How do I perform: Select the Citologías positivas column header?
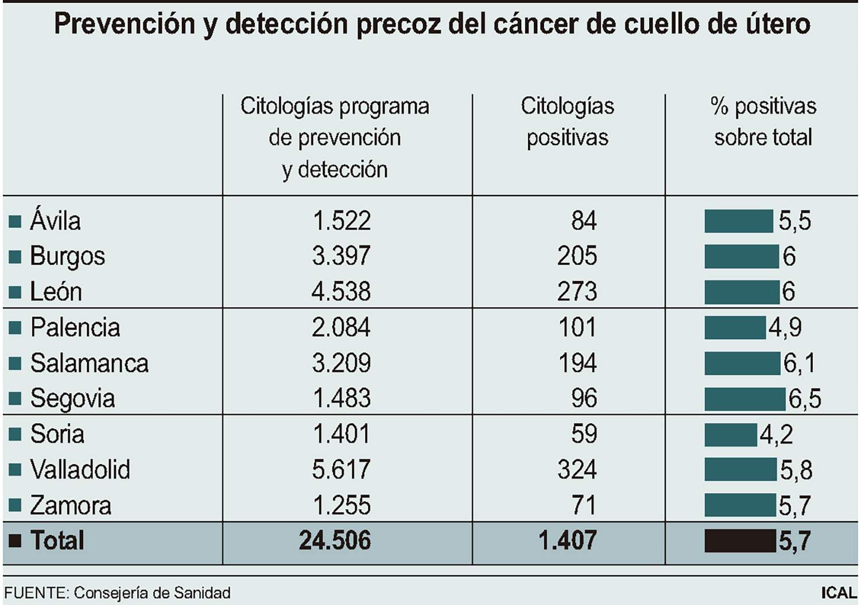pyautogui.click(x=567, y=122)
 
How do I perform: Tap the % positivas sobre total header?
pyautogui.click(x=763, y=122)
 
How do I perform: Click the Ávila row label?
pyautogui.click(x=55, y=221)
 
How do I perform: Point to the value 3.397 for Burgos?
pyautogui.click(x=341, y=256)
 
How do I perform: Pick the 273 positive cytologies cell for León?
pyautogui.click(x=577, y=291)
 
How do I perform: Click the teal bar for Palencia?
pyautogui.click(x=735, y=327)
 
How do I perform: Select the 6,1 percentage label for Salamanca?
pyautogui.click(x=799, y=363)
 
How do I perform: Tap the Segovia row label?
pyautogui.click(x=72, y=399)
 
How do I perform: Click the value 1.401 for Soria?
pyautogui.click(x=341, y=434)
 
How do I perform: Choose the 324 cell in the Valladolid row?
pyautogui.click(x=577, y=470)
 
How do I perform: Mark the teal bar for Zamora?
pyautogui.click(x=740, y=505)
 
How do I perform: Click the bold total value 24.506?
pyautogui.click(x=335, y=541)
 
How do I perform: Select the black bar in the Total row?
pyautogui.click(x=740, y=541)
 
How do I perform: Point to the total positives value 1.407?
pyautogui.click(x=567, y=541)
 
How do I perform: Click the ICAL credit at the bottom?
pyautogui.click(x=839, y=593)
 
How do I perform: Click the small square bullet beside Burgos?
pyautogui.click(x=15, y=256)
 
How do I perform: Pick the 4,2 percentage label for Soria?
pyautogui.click(x=776, y=434)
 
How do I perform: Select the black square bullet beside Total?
pyautogui.click(x=15, y=541)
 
